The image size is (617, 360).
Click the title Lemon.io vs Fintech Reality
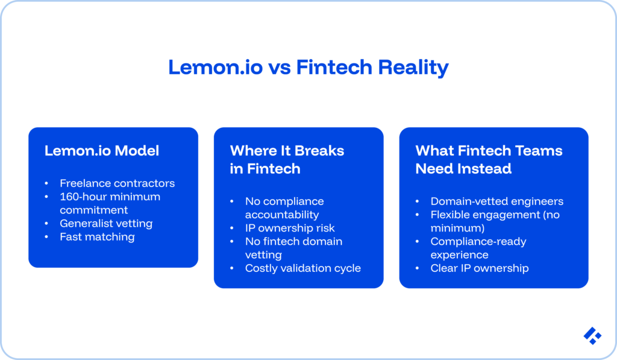308,67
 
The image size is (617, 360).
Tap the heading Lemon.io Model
102,151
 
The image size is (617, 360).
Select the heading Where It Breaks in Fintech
287,159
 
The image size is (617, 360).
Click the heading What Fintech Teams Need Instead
489,159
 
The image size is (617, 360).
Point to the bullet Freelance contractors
117,183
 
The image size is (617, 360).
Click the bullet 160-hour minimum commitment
109,203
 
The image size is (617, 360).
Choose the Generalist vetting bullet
106,223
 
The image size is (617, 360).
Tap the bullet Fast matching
97,237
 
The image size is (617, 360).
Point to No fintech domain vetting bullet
293,248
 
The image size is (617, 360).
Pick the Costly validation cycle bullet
302,268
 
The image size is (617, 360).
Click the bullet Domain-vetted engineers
496,201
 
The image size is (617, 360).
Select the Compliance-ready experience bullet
478,248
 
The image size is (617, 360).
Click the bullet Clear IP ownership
479,268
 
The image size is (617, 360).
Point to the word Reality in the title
413,67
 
